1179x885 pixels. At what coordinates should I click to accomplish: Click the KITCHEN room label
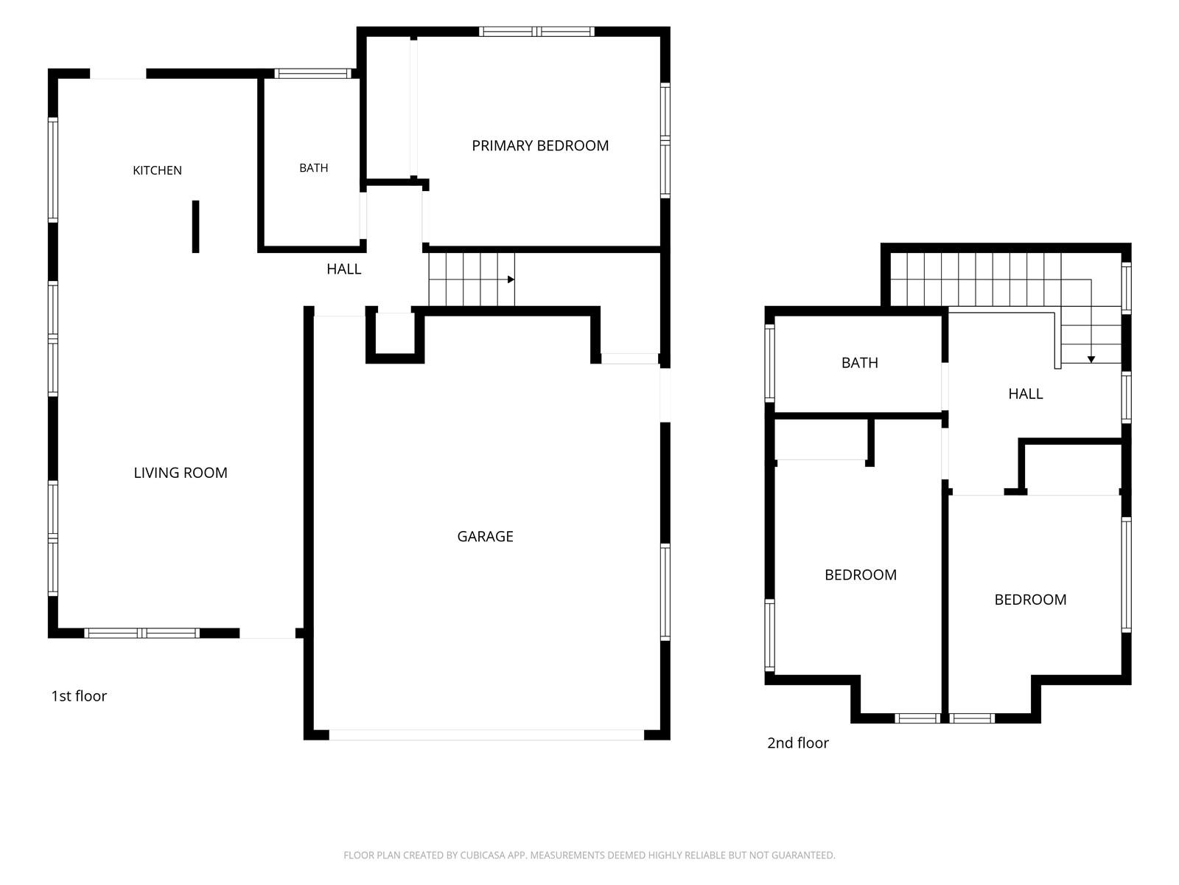click(x=157, y=170)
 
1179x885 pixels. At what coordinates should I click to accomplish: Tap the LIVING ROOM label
click(x=181, y=473)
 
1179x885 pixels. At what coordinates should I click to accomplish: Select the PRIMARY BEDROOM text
click(x=540, y=145)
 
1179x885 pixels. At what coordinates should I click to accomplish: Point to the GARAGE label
click(x=485, y=536)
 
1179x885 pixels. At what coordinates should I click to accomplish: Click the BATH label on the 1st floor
click(x=314, y=168)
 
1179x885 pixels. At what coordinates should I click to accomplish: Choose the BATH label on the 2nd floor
click(x=859, y=363)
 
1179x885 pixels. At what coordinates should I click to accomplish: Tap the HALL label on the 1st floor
click(x=344, y=269)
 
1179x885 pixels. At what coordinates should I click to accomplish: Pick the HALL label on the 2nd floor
click(x=1026, y=394)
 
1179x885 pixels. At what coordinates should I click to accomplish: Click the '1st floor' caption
click(x=79, y=696)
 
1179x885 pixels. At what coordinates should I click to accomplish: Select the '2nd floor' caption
click(x=797, y=743)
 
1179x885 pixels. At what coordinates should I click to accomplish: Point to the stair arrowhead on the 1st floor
click(x=511, y=280)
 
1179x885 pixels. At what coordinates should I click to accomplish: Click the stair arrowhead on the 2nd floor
click(x=1091, y=359)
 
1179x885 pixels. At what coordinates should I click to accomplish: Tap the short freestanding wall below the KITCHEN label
click(x=195, y=226)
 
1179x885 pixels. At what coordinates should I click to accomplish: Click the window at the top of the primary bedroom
click(x=536, y=32)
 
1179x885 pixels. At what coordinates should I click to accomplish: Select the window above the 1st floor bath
click(x=312, y=74)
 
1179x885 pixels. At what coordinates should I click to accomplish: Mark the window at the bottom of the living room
click(x=141, y=633)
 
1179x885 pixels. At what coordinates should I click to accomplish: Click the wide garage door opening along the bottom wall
click(x=486, y=735)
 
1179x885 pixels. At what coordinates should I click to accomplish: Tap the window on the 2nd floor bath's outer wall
click(x=769, y=363)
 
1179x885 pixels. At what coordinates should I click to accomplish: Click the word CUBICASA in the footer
click(x=483, y=855)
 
